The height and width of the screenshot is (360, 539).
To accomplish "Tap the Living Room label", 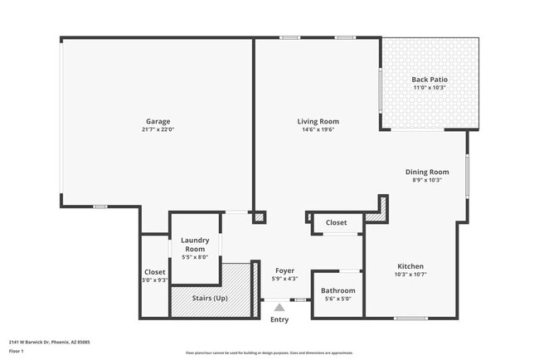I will (318, 121).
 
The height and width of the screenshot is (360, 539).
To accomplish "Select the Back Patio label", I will (429, 80).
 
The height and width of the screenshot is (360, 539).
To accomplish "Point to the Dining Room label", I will (427, 172).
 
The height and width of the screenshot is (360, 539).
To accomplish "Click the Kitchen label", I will (410, 266).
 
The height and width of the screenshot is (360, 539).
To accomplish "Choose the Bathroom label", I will (338, 290).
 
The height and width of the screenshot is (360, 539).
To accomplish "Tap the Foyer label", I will (285, 270).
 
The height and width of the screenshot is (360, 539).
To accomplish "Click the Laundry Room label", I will (195, 245).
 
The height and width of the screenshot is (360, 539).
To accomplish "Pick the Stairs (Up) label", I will (209, 298).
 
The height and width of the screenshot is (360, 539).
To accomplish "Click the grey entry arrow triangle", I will (279, 307).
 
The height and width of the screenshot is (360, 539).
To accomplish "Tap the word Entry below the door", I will (279, 319).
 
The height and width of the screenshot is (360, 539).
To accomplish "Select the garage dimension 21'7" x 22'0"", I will (158, 129).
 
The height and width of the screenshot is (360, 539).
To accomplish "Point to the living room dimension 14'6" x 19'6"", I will (318, 129).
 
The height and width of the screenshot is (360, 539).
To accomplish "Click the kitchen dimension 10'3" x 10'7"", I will (410, 275).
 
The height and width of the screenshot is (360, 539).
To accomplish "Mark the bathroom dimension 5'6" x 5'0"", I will (338, 299).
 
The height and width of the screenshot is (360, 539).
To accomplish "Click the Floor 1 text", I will (17, 351).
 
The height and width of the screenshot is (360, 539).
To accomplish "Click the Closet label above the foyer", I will (336, 222).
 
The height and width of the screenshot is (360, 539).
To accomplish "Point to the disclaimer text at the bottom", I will (269, 353).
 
